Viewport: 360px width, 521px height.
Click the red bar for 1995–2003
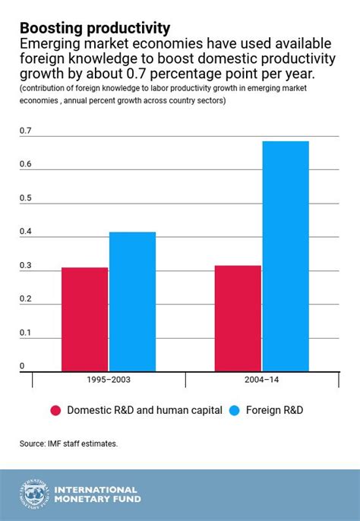[x=84, y=320]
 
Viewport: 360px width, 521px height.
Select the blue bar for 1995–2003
[x=132, y=302]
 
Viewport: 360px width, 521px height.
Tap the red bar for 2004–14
[x=238, y=319]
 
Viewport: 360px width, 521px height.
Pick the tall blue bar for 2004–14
[x=286, y=257]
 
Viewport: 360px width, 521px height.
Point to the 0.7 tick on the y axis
[x=26, y=131]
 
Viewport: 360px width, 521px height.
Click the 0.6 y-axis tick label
[x=26, y=165]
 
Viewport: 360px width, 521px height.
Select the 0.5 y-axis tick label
[x=26, y=198]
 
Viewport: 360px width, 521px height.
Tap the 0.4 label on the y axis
[x=26, y=232]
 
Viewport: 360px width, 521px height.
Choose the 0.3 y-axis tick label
[x=26, y=265]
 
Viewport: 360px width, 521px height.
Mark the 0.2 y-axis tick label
[x=26, y=298]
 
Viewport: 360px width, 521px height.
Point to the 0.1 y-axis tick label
[x=26, y=332]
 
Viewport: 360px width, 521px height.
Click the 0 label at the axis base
[x=22, y=365]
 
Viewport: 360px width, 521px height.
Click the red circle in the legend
[x=55, y=410]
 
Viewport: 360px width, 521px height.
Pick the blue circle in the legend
[x=235, y=410]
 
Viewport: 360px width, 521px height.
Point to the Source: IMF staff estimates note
[x=68, y=443]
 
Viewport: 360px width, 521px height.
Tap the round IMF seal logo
[x=33, y=495]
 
